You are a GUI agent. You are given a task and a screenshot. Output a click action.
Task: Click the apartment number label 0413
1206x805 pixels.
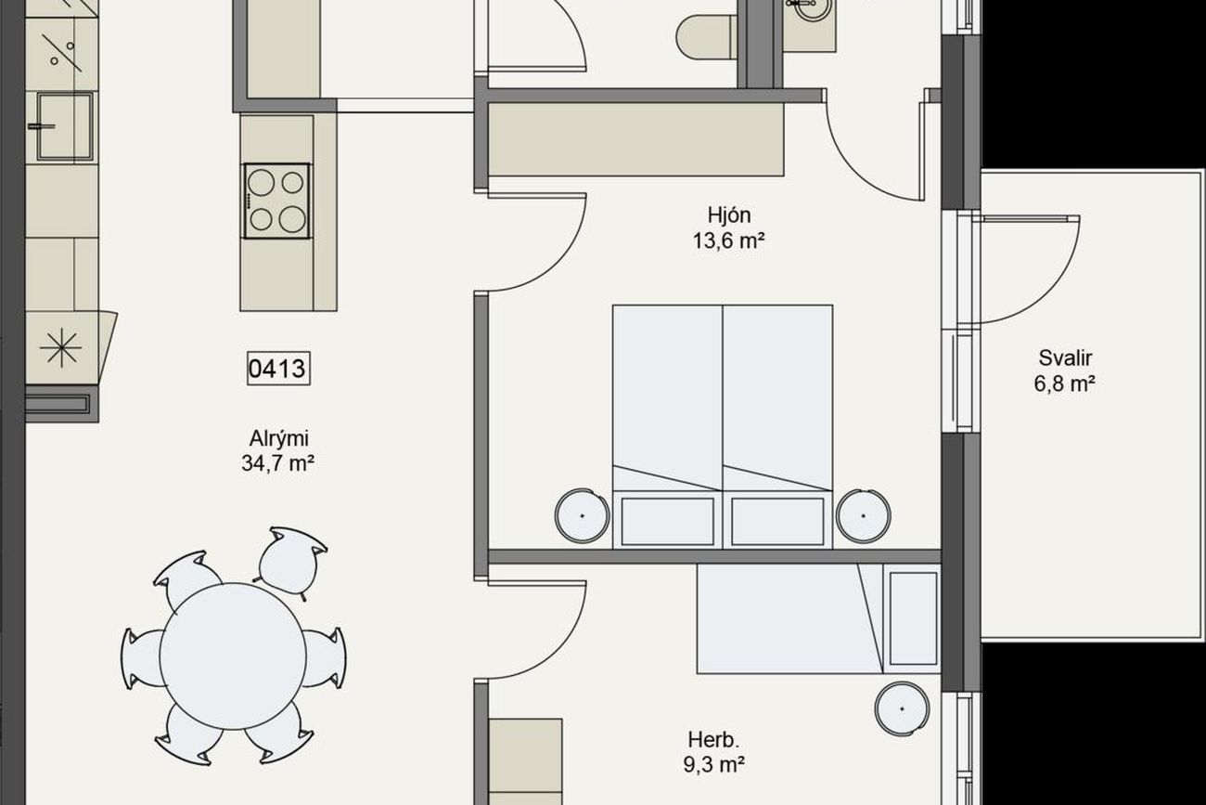[x=278, y=369]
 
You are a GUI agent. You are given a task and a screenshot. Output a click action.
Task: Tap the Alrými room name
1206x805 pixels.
[x=279, y=438]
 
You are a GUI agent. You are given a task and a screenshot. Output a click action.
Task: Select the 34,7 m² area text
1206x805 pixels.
[x=277, y=463]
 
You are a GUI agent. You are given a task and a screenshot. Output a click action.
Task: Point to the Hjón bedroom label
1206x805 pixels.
[x=729, y=215]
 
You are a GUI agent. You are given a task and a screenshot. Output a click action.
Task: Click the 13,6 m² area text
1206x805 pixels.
[x=728, y=240]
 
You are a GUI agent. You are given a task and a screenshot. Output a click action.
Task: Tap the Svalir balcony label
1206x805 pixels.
[x=1065, y=358]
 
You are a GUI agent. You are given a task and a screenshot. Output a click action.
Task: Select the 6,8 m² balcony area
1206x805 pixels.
[x=1064, y=383]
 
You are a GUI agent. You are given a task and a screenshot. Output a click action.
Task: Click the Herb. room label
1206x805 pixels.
[x=714, y=740]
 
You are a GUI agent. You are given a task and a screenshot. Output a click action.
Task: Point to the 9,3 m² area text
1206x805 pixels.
[x=714, y=764]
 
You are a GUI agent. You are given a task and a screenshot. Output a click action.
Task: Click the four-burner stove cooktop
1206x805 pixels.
[x=276, y=201]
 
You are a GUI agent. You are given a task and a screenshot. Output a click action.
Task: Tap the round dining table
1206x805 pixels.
[x=233, y=656]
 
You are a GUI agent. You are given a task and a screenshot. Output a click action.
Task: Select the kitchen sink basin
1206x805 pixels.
[x=65, y=126]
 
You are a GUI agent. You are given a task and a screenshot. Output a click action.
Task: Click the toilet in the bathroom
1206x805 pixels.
[x=706, y=36]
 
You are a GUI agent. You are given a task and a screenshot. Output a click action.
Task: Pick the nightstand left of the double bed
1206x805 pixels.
[x=582, y=515]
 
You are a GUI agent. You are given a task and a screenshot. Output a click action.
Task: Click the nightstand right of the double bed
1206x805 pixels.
[x=863, y=515]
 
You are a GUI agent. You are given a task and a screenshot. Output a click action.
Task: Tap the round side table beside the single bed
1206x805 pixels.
[x=903, y=708]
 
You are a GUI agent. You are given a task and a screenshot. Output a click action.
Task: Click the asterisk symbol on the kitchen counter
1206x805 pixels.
[x=61, y=347]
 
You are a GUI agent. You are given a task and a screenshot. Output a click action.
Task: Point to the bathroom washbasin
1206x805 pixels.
[x=810, y=21]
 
